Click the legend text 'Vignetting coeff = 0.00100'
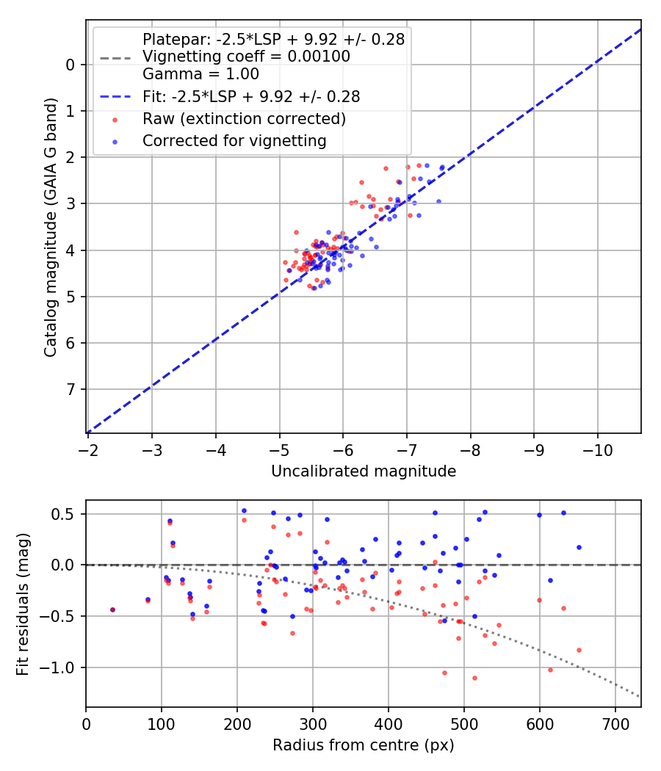(x=245, y=57)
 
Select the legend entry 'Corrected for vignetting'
(x=234, y=140)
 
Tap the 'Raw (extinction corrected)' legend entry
(x=244, y=118)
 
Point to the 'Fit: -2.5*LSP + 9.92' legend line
(x=250, y=96)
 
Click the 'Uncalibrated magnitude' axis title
(x=364, y=471)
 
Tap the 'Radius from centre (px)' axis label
(x=363, y=745)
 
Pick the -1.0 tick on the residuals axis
(x=62, y=667)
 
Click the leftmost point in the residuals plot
(x=112, y=609)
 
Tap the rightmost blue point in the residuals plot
(x=579, y=547)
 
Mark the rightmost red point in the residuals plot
(x=579, y=650)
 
